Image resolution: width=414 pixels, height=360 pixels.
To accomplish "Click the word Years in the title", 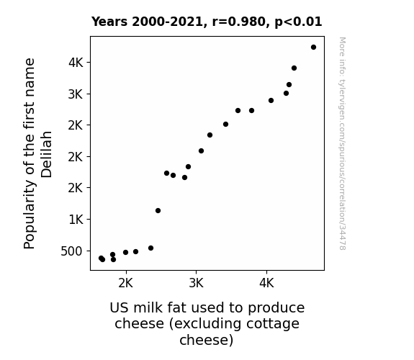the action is [x=109, y=22].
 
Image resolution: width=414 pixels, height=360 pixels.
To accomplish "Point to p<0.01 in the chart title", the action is [x=298, y=22].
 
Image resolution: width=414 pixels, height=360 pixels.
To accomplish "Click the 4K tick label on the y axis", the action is [x=76, y=63].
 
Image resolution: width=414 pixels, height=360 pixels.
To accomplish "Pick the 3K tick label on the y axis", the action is [x=76, y=94].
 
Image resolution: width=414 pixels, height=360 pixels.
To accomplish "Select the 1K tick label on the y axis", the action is [x=76, y=219].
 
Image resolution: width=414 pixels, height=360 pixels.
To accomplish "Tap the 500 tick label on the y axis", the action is [x=71, y=251].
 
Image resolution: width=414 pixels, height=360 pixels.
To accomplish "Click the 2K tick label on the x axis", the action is [x=126, y=283].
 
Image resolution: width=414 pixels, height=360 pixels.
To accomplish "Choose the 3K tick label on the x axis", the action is [x=196, y=283].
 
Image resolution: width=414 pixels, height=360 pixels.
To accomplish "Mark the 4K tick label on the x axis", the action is [x=266, y=283].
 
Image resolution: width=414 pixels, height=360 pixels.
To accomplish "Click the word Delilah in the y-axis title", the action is [x=47, y=154].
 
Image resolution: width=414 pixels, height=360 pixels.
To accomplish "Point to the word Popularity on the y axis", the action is [x=29, y=214].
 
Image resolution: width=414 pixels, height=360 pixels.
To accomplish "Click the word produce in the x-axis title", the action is [x=276, y=308].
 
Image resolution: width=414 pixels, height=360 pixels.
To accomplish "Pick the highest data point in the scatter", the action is [x=313, y=48].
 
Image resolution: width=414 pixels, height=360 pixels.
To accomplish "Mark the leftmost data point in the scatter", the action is [x=101, y=258].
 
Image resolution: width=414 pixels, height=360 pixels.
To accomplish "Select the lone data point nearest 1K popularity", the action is [x=158, y=210].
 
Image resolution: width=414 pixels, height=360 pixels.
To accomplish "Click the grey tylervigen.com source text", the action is [x=343, y=143].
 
